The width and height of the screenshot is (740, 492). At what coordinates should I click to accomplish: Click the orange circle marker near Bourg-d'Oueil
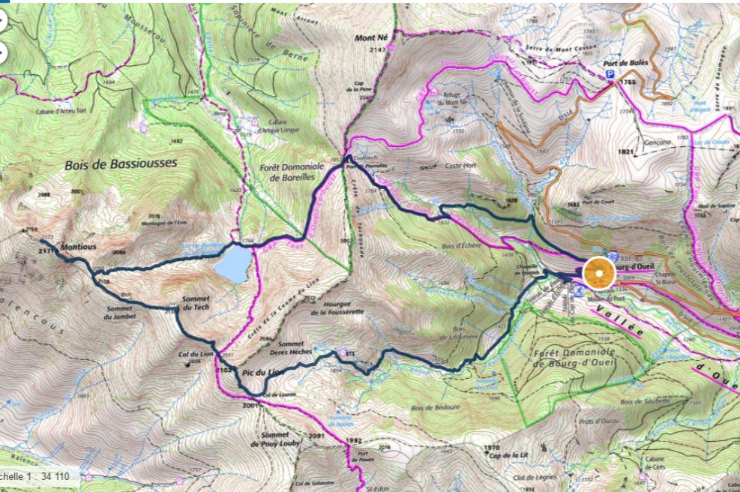point(598,274)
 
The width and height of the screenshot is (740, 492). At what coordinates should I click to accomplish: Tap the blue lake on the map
point(232,265)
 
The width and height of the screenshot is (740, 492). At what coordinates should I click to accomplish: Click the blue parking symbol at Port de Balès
point(610,76)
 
